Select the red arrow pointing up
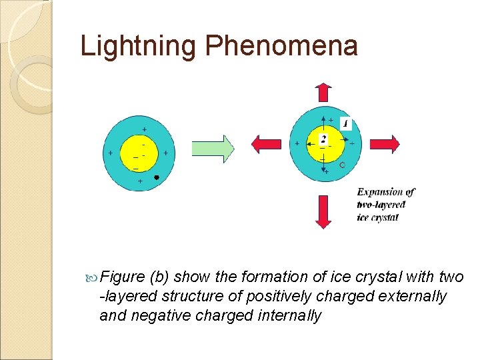click(x=323, y=93)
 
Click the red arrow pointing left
click(x=267, y=143)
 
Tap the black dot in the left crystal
click(x=156, y=178)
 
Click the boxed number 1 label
click(x=346, y=123)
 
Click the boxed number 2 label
click(x=323, y=139)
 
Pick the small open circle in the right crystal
click(x=342, y=164)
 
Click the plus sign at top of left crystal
click(x=145, y=129)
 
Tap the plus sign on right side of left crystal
click(x=165, y=153)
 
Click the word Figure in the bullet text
click(x=122, y=277)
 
